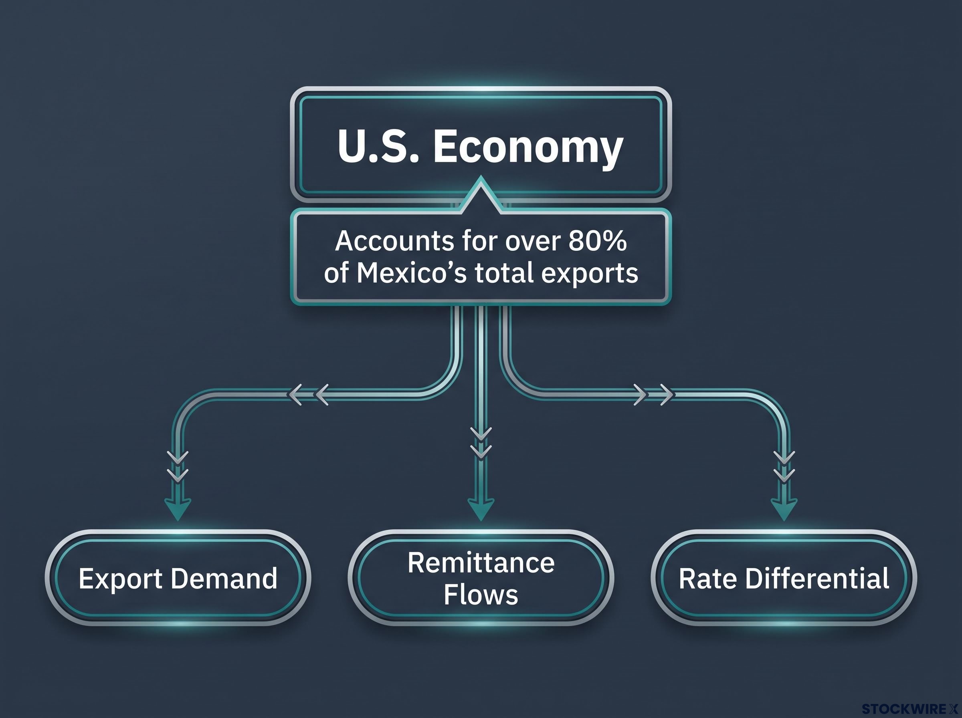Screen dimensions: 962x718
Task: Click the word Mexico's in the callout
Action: [412, 273]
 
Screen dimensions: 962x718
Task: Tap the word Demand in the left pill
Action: [224, 579]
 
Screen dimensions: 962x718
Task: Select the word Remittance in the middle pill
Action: [481, 563]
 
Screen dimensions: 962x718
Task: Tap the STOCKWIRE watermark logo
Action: [910, 709]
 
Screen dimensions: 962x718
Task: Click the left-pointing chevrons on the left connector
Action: [308, 395]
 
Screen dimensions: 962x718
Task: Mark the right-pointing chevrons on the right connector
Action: [654, 395]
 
